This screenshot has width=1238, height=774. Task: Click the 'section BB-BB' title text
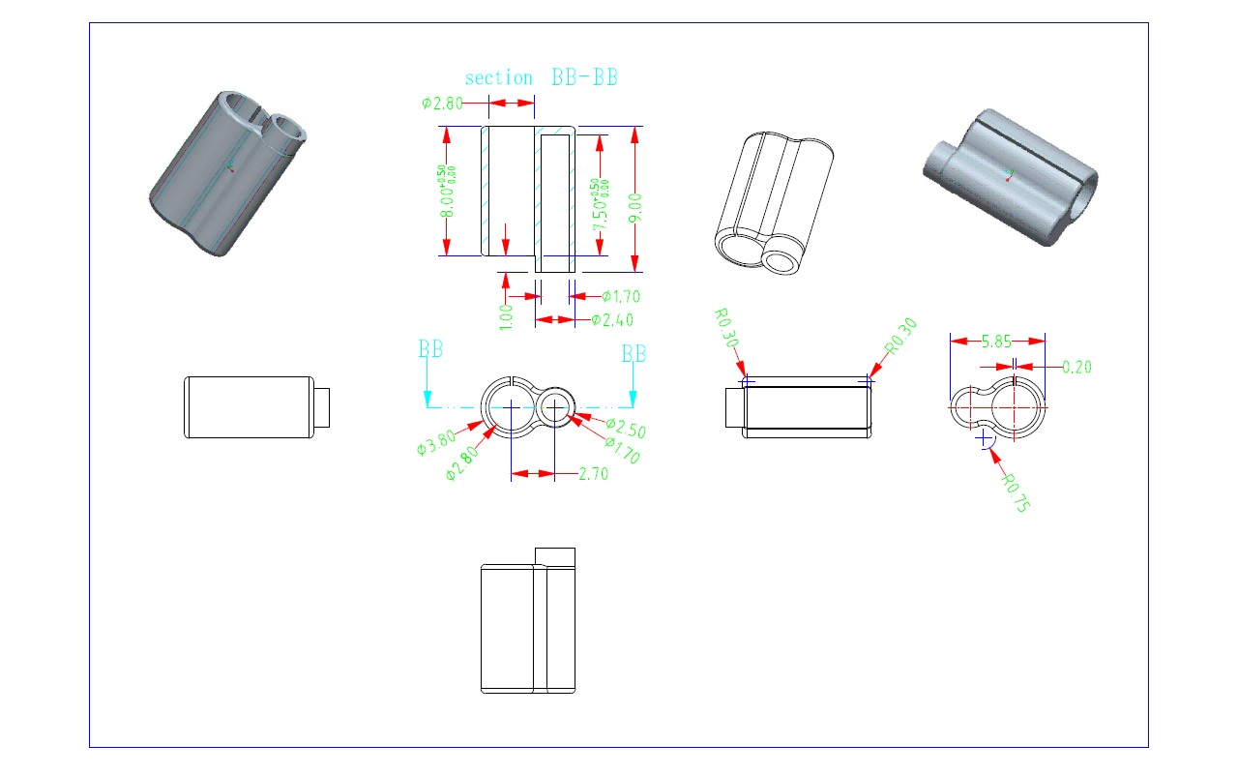point(542,77)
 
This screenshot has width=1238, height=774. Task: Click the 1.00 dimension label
point(506,316)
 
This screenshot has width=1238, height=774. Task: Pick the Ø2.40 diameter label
point(612,320)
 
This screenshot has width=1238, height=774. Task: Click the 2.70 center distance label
point(593,474)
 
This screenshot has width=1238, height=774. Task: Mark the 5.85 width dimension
point(997,342)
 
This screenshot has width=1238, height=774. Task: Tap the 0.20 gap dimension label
point(1077,367)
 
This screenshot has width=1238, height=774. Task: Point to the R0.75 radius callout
point(1015,492)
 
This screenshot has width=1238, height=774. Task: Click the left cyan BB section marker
point(430,349)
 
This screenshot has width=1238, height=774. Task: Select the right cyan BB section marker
point(634,354)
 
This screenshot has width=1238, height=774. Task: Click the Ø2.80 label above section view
point(442,104)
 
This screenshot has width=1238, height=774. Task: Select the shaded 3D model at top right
point(1011,175)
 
